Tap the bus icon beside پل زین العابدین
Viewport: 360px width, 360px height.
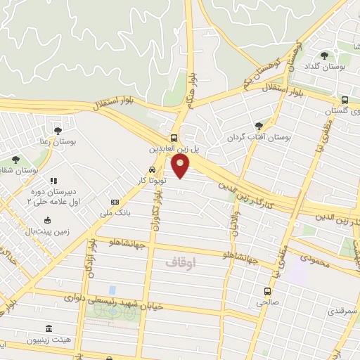pyautogui.click(x=174, y=139)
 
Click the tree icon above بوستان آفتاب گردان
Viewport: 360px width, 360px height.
pyautogui.click(x=259, y=124)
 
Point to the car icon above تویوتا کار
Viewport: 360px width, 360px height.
pyautogui.click(x=153, y=169)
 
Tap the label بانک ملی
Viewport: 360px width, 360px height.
pyautogui.click(x=116, y=212)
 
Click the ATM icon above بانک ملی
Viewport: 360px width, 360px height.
pyautogui.click(x=116, y=202)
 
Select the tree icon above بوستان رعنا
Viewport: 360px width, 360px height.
pyautogui.click(x=58, y=130)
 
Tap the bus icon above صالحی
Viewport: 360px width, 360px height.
pyautogui.click(x=267, y=290)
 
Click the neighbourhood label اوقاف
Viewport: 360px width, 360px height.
pyautogui.click(x=182, y=262)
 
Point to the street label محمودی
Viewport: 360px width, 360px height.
pyautogui.click(x=314, y=259)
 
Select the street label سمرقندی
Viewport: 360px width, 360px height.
pyautogui.click(x=342, y=310)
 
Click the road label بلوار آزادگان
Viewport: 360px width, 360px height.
pyautogui.click(x=92, y=259)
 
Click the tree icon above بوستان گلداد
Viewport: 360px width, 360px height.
pyautogui.click(x=323, y=56)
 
